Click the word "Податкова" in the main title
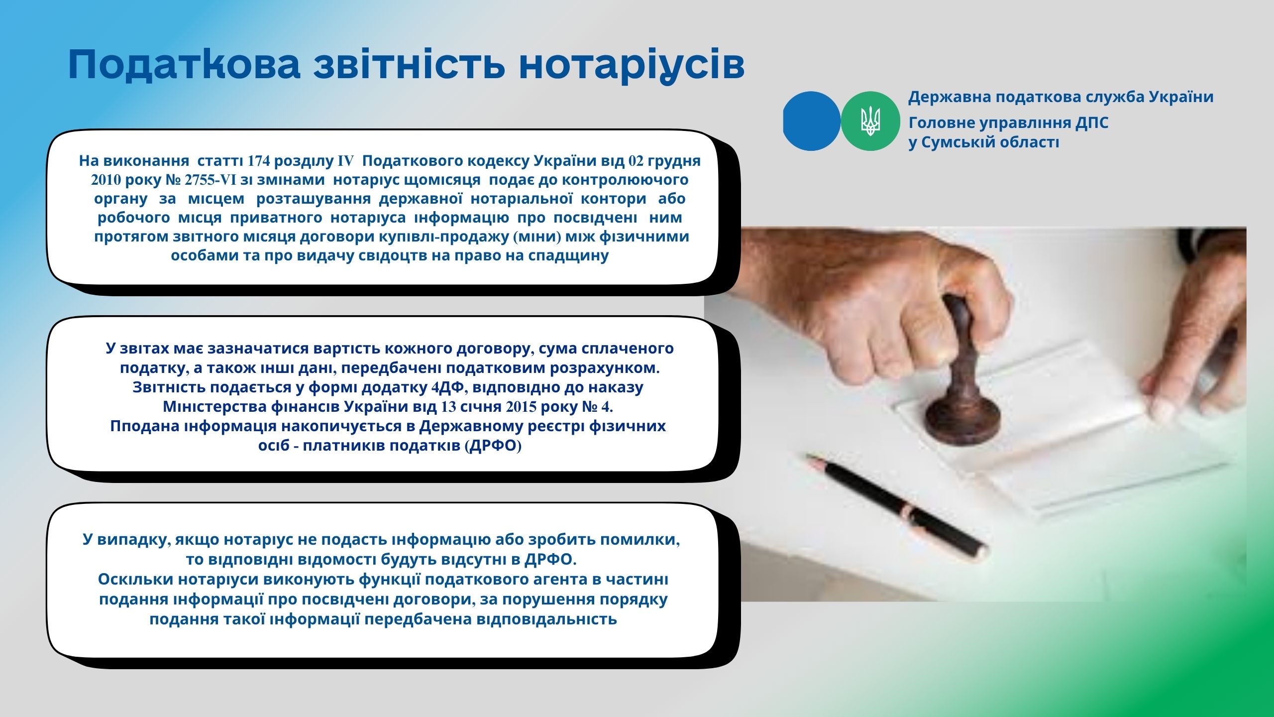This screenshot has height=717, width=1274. [184, 65]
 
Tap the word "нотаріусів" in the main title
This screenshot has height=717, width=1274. [632, 65]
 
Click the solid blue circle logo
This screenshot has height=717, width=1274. [812, 121]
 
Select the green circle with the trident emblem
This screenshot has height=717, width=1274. [870, 121]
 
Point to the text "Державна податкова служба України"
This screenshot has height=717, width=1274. [1061, 97]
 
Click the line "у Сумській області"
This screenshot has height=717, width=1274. [984, 142]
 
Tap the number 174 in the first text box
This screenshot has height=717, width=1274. [259, 161]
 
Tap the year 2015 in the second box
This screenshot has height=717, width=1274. [522, 407]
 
